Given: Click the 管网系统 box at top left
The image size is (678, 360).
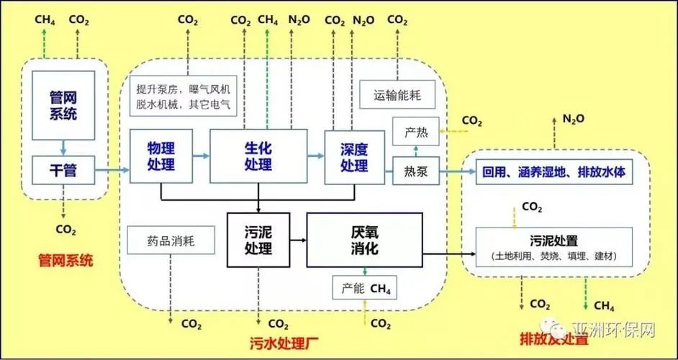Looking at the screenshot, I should pyautogui.click(x=64, y=105).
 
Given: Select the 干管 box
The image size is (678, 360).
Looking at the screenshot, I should pyautogui.click(x=64, y=170).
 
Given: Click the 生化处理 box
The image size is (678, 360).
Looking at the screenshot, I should pyautogui.click(x=258, y=156).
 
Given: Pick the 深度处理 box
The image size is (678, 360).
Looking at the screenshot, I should pyautogui.click(x=353, y=156).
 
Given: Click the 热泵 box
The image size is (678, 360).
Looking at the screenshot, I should pyautogui.click(x=416, y=171).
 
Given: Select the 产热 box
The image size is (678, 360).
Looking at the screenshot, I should pyautogui.click(x=416, y=132).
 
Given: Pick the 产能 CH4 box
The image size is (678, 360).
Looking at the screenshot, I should pyautogui.click(x=365, y=288).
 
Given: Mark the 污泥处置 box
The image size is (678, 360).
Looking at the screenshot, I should pyautogui.click(x=554, y=246).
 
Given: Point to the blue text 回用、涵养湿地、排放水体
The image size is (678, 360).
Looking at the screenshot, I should pyautogui.click(x=554, y=172).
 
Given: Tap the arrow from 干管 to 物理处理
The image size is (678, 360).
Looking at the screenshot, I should pyautogui.click(x=112, y=171).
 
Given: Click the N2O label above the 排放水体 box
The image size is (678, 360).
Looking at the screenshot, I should pyautogui.click(x=574, y=118).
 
